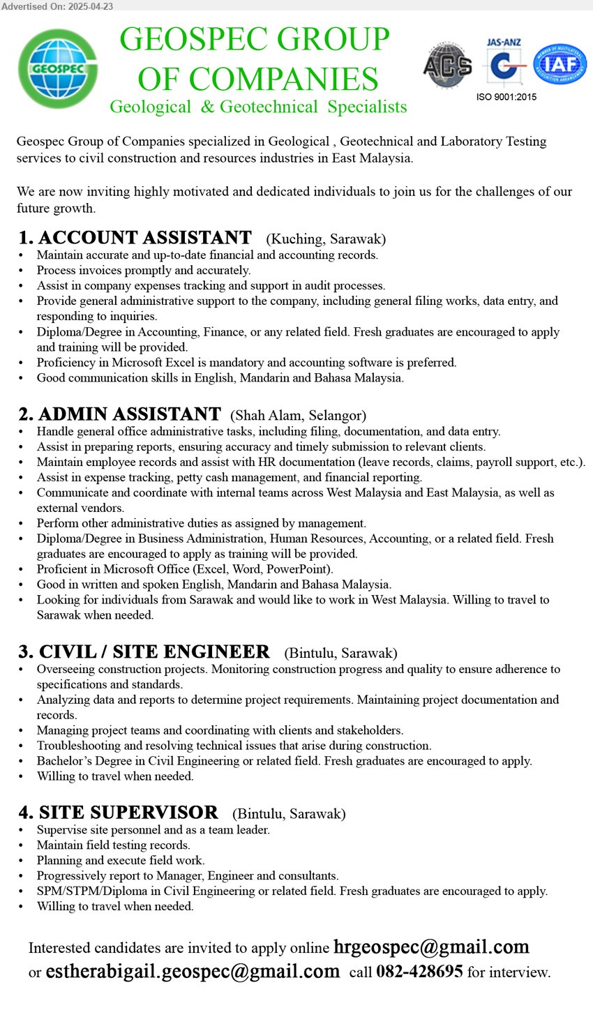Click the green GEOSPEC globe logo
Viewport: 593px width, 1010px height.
click(59, 68)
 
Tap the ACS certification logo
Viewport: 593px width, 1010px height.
click(447, 66)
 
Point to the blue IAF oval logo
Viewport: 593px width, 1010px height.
click(560, 65)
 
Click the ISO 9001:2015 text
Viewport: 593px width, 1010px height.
click(506, 97)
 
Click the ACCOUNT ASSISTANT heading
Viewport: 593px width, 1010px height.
click(144, 239)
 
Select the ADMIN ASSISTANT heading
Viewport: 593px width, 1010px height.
click(129, 415)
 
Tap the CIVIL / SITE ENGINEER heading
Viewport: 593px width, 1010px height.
click(153, 652)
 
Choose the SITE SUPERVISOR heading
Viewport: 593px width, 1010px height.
click(128, 813)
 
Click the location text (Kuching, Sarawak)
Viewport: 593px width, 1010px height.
click(326, 239)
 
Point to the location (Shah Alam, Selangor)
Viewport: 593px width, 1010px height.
click(298, 416)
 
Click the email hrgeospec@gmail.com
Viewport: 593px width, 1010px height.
click(431, 947)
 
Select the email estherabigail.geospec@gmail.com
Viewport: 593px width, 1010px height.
click(193, 972)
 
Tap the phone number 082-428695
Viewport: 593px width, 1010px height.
click(419, 972)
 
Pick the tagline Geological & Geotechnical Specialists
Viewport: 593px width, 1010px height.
click(258, 107)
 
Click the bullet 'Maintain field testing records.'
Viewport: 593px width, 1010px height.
click(114, 845)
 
